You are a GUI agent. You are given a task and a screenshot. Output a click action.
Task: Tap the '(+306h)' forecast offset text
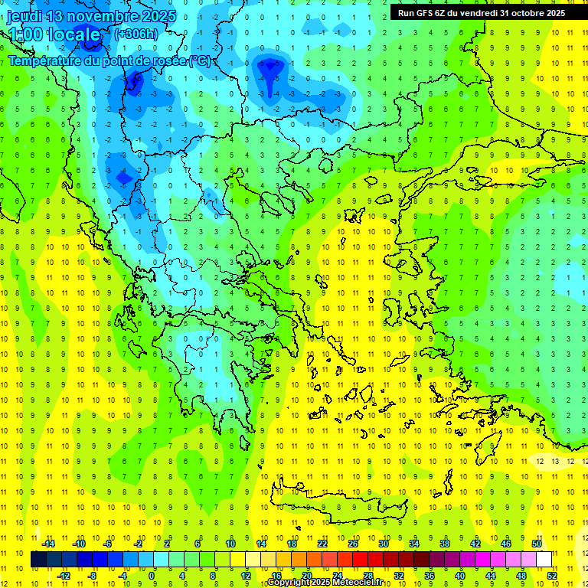(136, 34)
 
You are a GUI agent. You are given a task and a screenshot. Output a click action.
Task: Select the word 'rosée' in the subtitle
(165, 60)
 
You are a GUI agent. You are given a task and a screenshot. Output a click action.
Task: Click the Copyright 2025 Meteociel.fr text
(325, 583)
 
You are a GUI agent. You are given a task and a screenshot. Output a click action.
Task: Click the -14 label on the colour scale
(48, 544)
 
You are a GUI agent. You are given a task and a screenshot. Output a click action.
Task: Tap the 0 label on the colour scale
(152, 575)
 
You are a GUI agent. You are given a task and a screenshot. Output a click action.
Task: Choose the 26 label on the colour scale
(353, 544)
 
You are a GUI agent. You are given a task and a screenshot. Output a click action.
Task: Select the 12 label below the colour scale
(246, 575)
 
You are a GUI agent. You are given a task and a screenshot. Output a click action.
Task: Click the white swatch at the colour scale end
(544, 559)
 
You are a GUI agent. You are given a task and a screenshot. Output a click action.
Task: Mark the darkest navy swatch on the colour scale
(38, 559)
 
